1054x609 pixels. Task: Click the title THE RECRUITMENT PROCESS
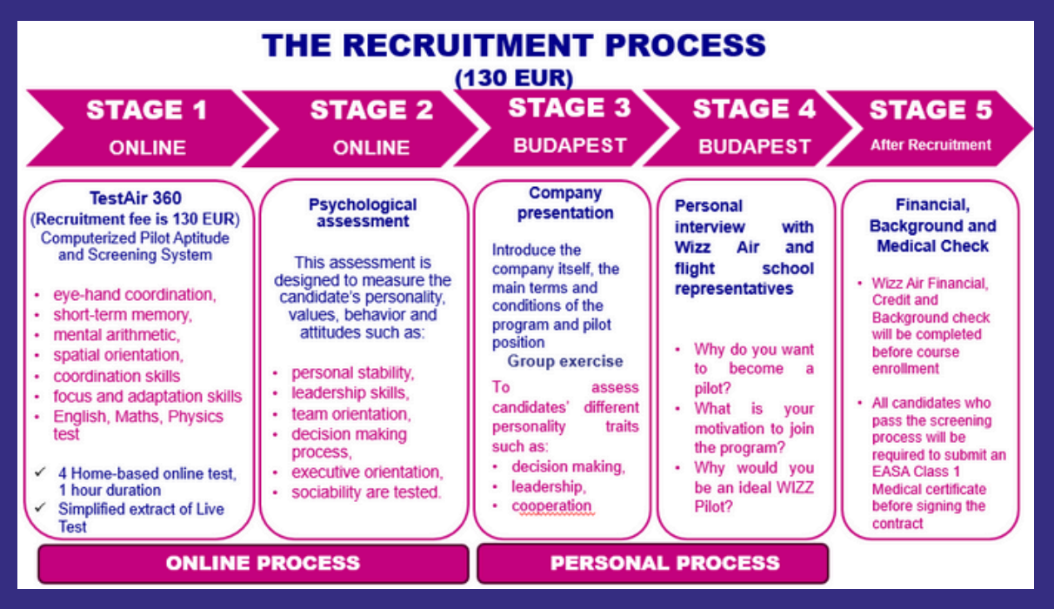pos(514,45)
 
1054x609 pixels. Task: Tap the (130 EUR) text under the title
pos(514,78)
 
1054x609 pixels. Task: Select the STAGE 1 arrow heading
pos(147,110)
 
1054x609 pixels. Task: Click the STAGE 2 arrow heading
pos(371,110)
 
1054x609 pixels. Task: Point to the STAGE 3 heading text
pos(570,108)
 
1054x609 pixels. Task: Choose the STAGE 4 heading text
pos(754,109)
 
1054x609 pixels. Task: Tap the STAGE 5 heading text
pos(931,110)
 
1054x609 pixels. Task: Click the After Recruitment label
pos(931,145)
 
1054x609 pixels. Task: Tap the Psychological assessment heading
pos(363,212)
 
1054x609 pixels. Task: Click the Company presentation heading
pos(565,203)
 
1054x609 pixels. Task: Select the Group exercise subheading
pos(565,361)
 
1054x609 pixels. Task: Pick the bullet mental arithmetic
pos(117,335)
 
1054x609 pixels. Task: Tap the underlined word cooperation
pos(551,506)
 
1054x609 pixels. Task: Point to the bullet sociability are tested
pos(366,492)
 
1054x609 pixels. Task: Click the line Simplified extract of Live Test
pos(140,517)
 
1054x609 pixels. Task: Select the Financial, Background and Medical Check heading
pos(932,226)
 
